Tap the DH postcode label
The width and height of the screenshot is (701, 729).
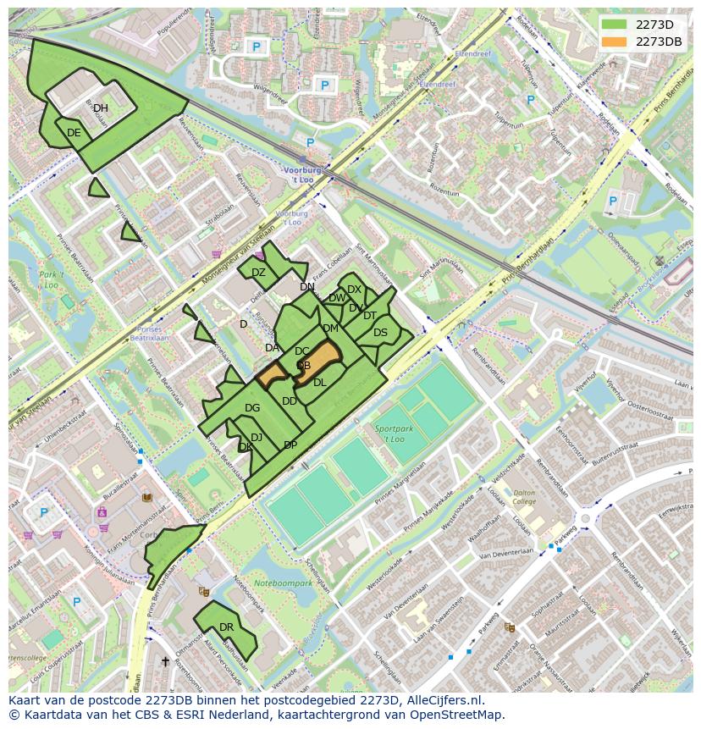[x=101, y=108]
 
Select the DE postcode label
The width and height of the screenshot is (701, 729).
[x=74, y=133]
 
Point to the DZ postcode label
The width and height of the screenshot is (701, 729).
[x=258, y=273]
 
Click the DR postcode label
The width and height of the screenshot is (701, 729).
[x=226, y=627]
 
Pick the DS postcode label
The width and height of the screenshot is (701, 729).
[x=380, y=333]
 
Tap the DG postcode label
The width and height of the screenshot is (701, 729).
[x=251, y=408]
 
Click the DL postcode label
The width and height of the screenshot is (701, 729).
[x=319, y=383]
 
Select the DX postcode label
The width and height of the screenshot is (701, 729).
[x=354, y=290]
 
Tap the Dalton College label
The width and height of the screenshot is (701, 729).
[x=524, y=497]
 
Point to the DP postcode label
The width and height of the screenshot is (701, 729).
[x=290, y=445]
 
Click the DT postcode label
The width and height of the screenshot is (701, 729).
[x=370, y=316]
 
